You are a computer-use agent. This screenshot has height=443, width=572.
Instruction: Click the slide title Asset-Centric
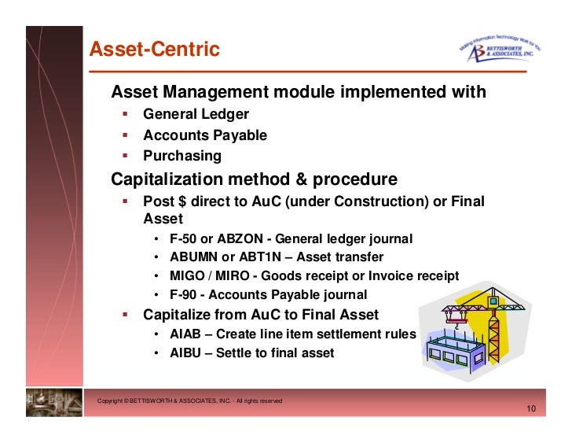pos(154,50)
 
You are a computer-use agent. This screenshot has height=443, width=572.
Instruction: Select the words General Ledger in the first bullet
pos(196,115)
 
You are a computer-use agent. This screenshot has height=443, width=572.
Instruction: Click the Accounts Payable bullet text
pos(204,135)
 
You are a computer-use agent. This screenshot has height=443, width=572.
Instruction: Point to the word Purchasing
pos(182,156)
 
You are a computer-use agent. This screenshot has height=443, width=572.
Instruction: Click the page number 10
pos(531,410)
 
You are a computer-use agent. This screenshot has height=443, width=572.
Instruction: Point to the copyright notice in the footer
pos(189,401)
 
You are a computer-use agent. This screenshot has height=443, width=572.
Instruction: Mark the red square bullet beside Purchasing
pos(125,155)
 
